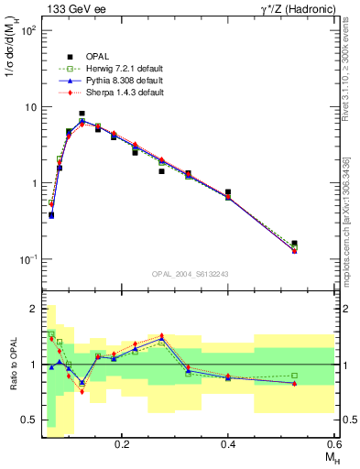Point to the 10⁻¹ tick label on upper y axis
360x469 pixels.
[28, 259]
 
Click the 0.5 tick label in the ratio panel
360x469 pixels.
[29, 420]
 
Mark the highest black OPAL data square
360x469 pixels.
[82, 114]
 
